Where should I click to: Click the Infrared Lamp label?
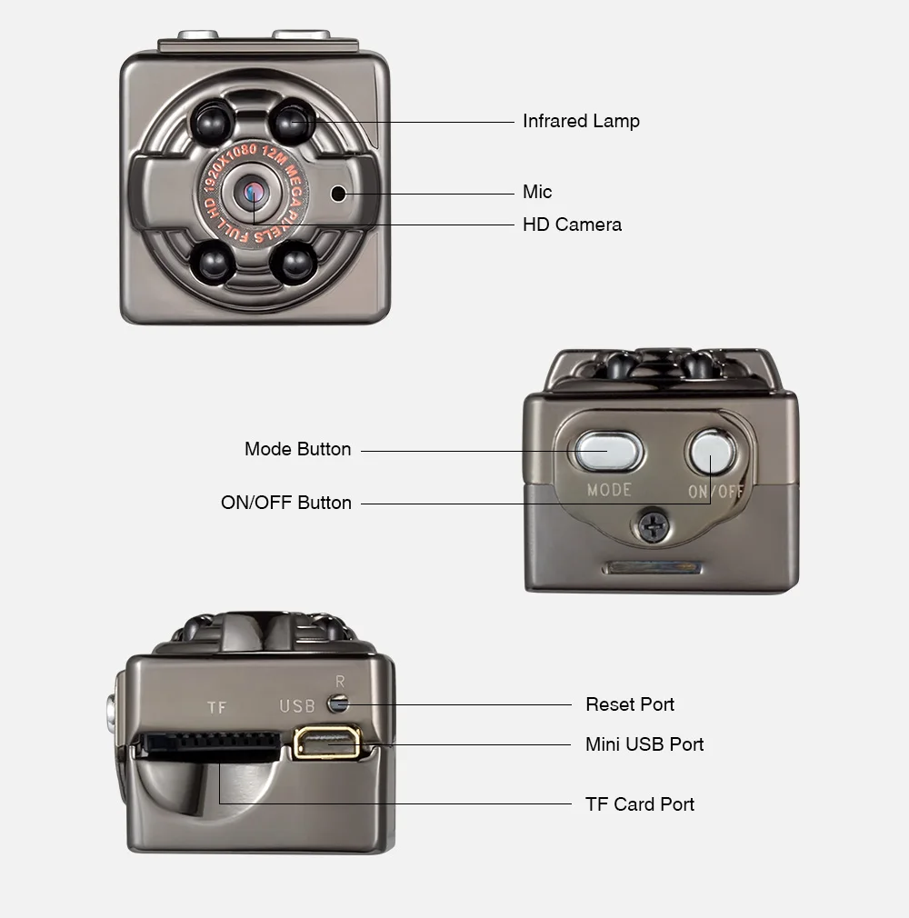pos(581,121)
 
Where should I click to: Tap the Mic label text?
pos(537,192)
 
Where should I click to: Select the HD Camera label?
pos(572,225)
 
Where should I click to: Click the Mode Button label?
pos(297,449)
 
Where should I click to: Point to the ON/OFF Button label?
pos(286,503)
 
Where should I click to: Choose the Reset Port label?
pos(630,704)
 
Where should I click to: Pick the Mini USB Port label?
pos(644,744)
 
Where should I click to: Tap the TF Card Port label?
pos(640,804)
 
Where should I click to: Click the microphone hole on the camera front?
pos(339,193)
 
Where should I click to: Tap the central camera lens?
pos(253,192)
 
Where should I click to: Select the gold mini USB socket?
pos(326,743)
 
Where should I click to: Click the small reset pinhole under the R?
pos(340,703)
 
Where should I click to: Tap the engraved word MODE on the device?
pos(609,490)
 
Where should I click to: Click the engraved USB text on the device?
pos(297,706)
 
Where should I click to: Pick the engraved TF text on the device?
pos(215,707)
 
